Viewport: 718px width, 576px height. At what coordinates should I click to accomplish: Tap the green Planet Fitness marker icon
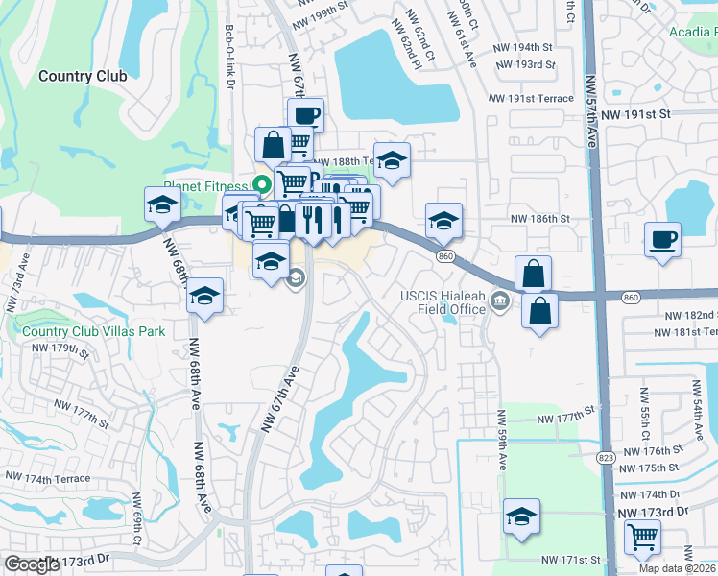pos(258,186)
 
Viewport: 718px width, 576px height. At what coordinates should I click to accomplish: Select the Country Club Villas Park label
pos(94,331)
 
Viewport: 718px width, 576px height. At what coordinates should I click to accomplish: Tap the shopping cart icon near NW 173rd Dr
pos(642,537)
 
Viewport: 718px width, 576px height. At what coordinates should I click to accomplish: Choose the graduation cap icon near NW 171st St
pos(521,517)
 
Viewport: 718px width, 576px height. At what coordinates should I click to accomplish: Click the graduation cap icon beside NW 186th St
pos(443,220)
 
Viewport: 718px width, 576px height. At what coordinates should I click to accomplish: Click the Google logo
pos(32,564)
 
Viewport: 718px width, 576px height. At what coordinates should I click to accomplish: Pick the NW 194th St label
pos(522,46)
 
